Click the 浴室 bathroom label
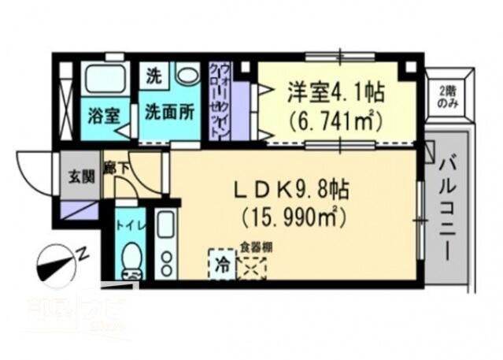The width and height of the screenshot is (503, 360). [104, 114]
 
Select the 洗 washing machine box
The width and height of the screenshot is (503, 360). [153, 77]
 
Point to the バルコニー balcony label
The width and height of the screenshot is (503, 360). [449, 208]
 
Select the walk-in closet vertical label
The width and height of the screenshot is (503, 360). [220, 98]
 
